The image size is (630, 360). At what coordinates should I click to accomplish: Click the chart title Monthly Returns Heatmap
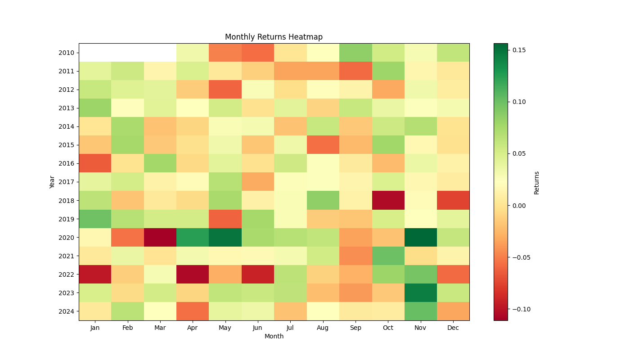click(274, 37)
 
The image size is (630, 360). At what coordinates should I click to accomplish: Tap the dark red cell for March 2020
click(160, 237)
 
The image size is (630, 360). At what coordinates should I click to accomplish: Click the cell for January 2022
click(95, 274)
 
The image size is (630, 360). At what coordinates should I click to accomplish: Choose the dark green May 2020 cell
click(225, 237)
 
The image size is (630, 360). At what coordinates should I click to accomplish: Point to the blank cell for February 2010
click(127, 53)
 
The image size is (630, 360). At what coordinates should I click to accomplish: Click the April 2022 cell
click(193, 274)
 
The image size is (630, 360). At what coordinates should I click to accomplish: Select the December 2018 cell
click(453, 200)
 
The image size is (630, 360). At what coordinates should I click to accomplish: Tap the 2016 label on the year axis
click(66, 163)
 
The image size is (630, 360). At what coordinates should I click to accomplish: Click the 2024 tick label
click(66, 311)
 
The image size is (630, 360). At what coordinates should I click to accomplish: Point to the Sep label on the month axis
click(355, 328)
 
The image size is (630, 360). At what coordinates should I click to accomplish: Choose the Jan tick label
click(95, 328)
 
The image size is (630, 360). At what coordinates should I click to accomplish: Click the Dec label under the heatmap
click(453, 328)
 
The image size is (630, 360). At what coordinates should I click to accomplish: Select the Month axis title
click(274, 336)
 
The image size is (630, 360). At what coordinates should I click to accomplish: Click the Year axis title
click(52, 182)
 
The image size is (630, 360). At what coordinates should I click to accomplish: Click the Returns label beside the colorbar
click(536, 182)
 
